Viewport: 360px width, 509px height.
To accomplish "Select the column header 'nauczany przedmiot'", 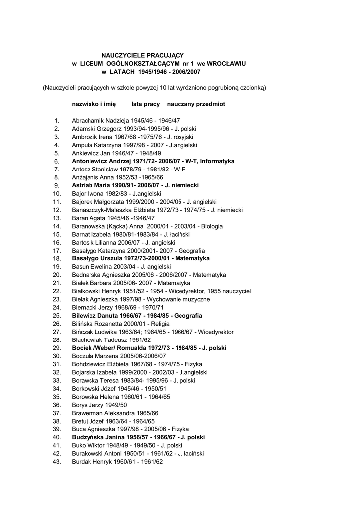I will tap(196, 104).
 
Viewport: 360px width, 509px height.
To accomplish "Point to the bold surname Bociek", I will tap(83, 348).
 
